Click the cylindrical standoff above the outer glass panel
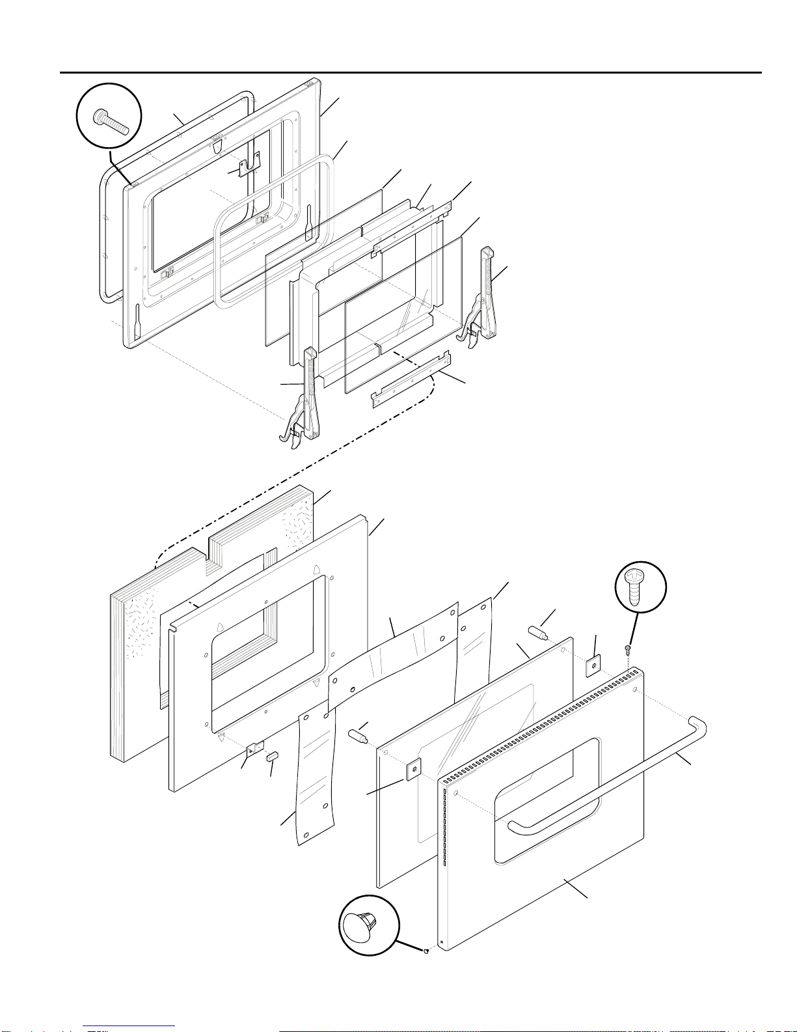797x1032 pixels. pyautogui.click(x=537, y=632)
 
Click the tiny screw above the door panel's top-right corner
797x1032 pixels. pyautogui.click(x=628, y=648)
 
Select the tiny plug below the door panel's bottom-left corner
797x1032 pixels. pyautogui.click(x=425, y=951)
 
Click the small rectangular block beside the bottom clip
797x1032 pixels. pyautogui.click(x=272, y=757)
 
